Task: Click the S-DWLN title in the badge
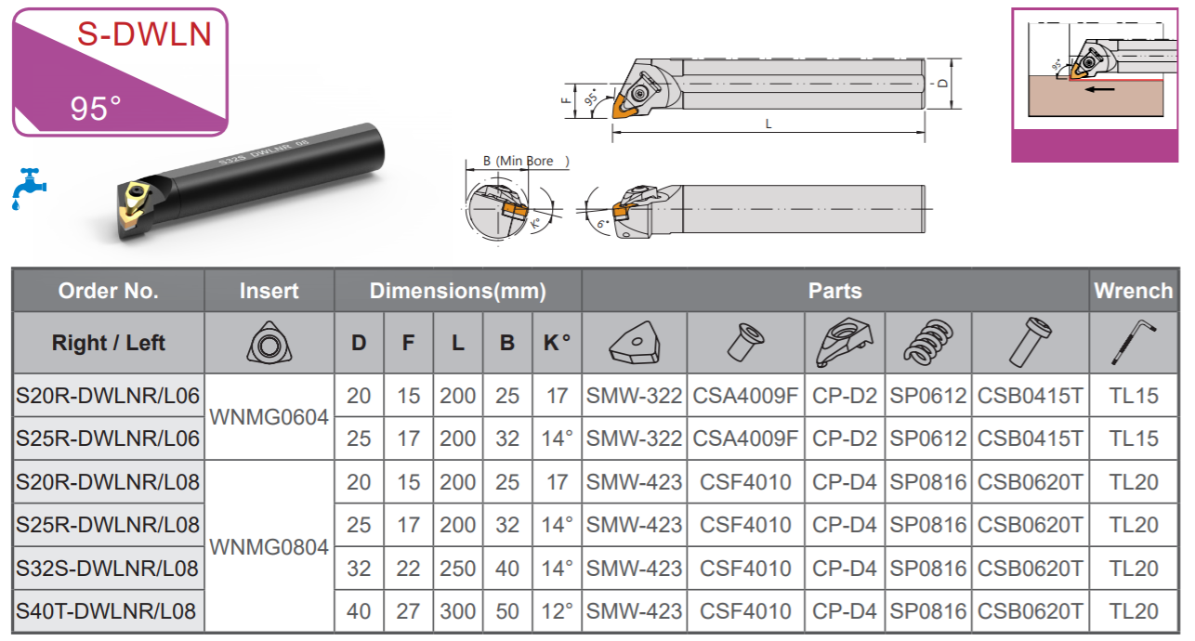(x=144, y=34)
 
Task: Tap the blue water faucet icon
(x=29, y=189)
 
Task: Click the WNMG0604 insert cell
(x=269, y=417)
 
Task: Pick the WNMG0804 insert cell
(x=269, y=547)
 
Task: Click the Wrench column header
(x=1133, y=291)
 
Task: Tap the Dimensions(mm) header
(x=458, y=291)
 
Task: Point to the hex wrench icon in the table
(x=1134, y=343)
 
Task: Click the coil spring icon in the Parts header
(x=928, y=343)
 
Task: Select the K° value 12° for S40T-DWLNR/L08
(x=557, y=611)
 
